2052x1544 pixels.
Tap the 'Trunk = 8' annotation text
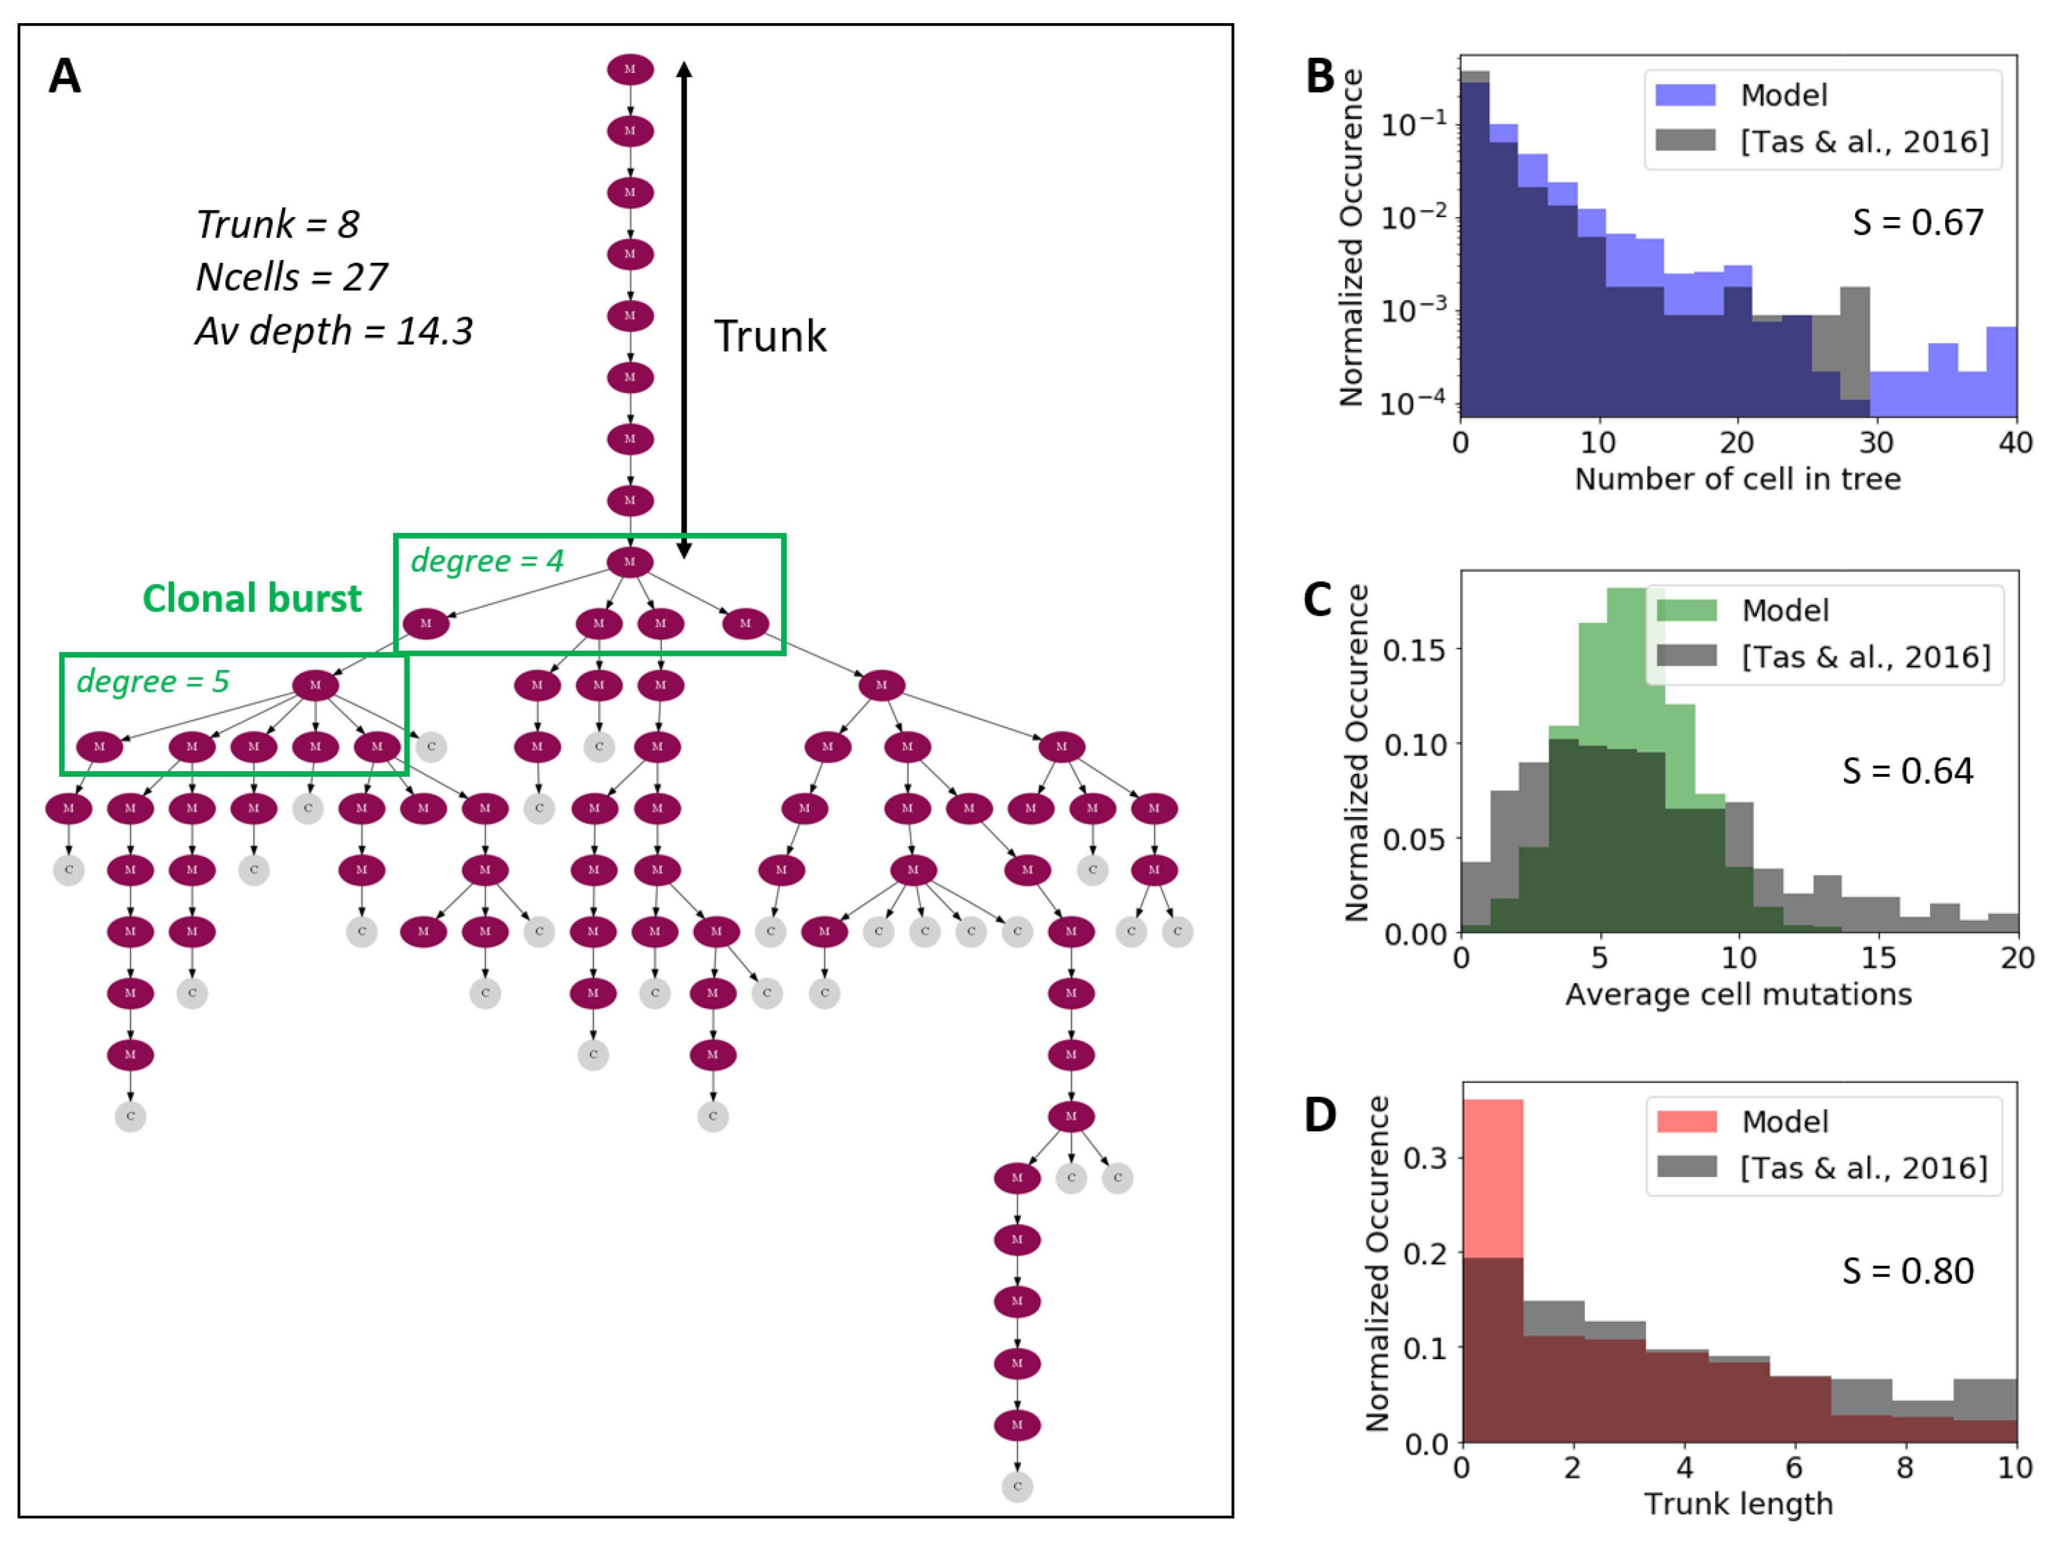click(x=277, y=224)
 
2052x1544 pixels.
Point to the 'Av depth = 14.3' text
click(x=333, y=331)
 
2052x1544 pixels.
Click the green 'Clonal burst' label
click(x=251, y=599)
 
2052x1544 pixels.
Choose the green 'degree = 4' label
click(x=487, y=561)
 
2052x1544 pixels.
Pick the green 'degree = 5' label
click(x=152, y=682)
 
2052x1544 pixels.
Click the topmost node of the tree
click(x=630, y=70)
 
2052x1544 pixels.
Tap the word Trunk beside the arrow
click(x=770, y=336)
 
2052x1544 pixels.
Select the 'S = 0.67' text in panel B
click(x=1917, y=223)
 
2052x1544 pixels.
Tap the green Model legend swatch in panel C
click(x=1687, y=610)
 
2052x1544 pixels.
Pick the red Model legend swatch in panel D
click(x=1687, y=1121)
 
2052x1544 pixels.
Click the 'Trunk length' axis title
click(x=1739, y=1504)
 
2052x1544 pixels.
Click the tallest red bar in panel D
click(x=1493, y=1178)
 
